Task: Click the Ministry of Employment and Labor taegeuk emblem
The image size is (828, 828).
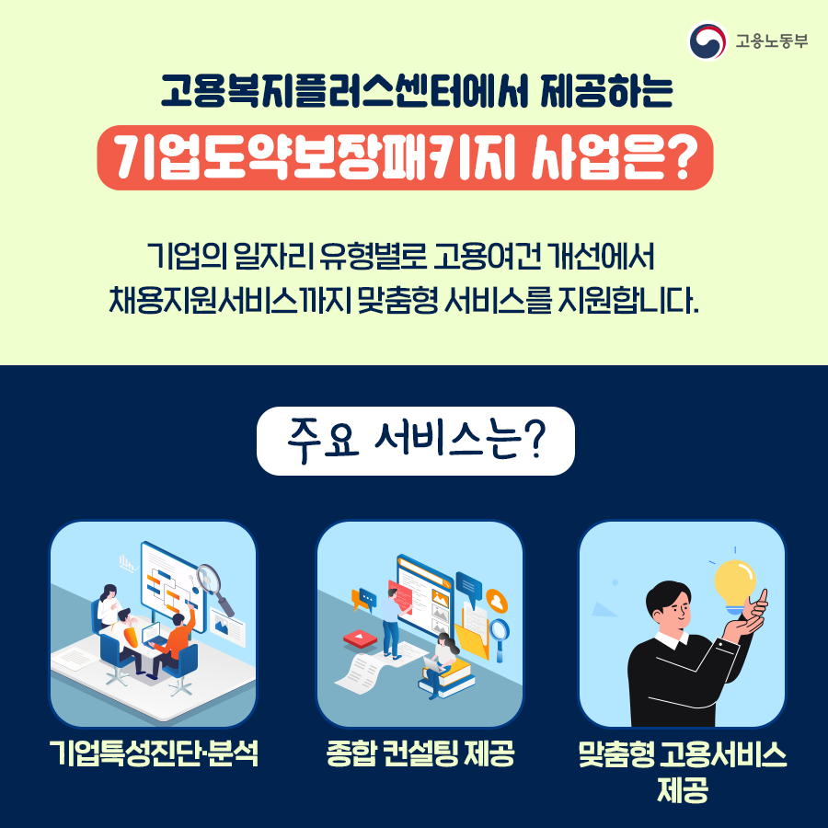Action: click(707, 40)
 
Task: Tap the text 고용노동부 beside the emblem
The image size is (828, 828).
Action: click(772, 41)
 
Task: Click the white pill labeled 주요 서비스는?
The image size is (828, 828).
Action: click(416, 441)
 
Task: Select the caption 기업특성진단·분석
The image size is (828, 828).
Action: click(154, 753)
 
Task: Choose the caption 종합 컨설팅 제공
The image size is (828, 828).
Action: click(420, 753)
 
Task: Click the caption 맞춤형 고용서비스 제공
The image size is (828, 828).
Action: click(683, 771)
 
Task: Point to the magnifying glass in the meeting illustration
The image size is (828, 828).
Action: click(213, 587)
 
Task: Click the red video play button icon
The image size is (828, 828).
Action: click(360, 638)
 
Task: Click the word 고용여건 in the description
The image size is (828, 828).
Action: click(488, 257)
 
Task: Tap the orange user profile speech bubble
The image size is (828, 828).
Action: click(497, 601)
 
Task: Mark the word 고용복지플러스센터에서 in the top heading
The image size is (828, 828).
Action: click(344, 91)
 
